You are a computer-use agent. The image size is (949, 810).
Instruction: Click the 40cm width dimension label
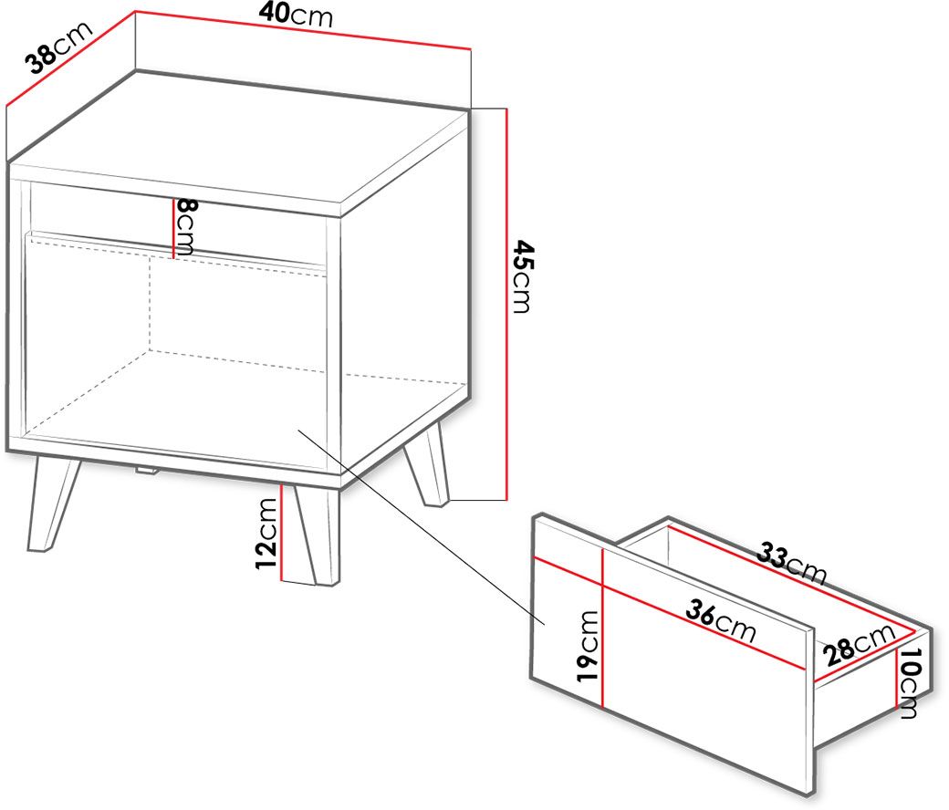pyautogui.click(x=296, y=15)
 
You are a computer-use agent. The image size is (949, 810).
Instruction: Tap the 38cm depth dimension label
pyautogui.click(x=58, y=47)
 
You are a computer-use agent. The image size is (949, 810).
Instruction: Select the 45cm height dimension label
pyautogui.click(x=522, y=276)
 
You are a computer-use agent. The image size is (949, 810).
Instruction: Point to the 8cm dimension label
pyautogui.click(x=185, y=227)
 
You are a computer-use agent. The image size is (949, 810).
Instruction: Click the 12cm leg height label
pyautogui.click(x=266, y=533)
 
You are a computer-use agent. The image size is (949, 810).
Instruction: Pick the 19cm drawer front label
pyautogui.click(x=587, y=646)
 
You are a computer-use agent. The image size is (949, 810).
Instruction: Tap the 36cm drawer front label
pyautogui.click(x=721, y=621)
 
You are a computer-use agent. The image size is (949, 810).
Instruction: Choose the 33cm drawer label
pyautogui.click(x=792, y=563)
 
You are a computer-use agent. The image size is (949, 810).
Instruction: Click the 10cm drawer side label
pyautogui.click(x=909, y=683)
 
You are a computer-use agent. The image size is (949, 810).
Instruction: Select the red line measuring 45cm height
pyautogui.click(x=506, y=305)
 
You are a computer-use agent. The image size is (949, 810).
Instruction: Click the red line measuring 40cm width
pyautogui.click(x=303, y=29)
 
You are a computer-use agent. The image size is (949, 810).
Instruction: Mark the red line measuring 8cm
pyautogui.click(x=173, y=229)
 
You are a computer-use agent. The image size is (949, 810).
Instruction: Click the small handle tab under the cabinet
pyautogui.click(x=147, y=470)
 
